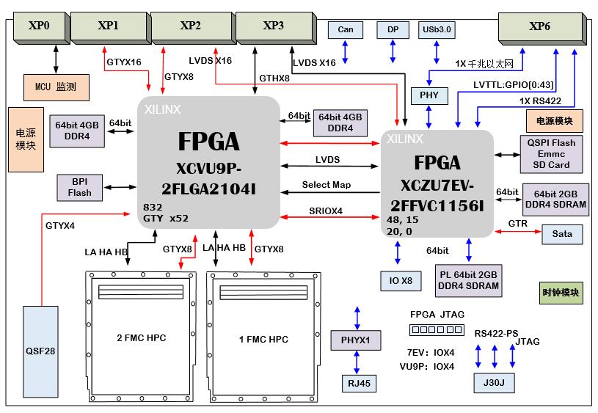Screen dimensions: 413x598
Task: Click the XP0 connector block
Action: (38, 26)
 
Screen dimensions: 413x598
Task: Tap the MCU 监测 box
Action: (57, 87)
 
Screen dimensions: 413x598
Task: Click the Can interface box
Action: (346, 30)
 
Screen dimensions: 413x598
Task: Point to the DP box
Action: (393, 30)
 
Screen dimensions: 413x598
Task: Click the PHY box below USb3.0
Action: (429, 95)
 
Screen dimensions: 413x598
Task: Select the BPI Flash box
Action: (80, 188)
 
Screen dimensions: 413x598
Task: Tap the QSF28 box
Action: (40, 350)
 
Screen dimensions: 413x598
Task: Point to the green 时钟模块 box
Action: (561, 292)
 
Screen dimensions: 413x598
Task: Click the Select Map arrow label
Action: (327, 185)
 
